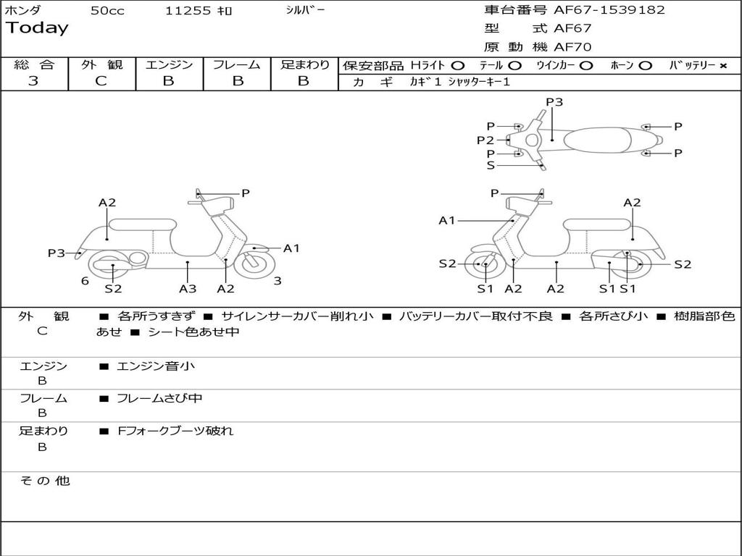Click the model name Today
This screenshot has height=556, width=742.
tap(37, 28)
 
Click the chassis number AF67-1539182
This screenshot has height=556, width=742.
tap(609, 10)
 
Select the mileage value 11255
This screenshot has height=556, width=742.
tap(188, 11)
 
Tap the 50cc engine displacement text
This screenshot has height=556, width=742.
tap(107, 11)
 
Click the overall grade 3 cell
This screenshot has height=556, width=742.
tap(33, 81)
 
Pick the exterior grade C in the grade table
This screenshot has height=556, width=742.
tap(101, 81)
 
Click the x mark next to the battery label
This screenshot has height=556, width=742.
tap(722, 66)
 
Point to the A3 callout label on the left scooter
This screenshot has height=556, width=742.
tap(188, 288)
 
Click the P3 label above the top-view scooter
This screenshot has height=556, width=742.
tap(554, 102)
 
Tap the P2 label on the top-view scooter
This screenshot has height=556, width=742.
tap(485, 140)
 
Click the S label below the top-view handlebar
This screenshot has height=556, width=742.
tap(491, 166)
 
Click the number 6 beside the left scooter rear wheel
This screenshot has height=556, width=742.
tap(85, 281)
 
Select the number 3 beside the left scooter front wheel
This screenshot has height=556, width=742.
tap(278, 281)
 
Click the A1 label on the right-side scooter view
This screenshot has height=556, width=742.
tap(446, 220)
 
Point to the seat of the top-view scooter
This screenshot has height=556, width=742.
tap(597, 140)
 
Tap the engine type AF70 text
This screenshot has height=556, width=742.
tap(572, 47)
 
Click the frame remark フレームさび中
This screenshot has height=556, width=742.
tap(159, 399)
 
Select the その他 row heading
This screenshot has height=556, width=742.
tap(44, 481)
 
